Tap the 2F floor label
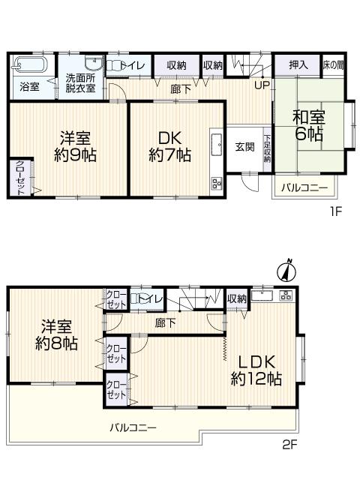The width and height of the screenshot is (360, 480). pyautogui.click(x=289, y=444)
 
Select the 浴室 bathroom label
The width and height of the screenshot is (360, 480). pyautogui.click(x=30, y=86)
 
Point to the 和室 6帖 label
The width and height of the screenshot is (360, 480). pyautogui.click(x=307, y=125)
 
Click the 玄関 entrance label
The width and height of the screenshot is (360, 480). pyautogui.click(x=244, y=146)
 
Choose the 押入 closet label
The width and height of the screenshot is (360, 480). pyautogui.click(x=298, y=65)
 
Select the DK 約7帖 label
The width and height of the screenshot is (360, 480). pyautogui.click(x=169, y=146)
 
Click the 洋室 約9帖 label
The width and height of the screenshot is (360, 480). pyautogui.click(x=75, y=146)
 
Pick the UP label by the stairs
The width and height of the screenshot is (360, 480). pyautogui.click(x=262, y=84)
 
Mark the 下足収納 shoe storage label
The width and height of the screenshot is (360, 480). pyautogui.click(x=267, y=148)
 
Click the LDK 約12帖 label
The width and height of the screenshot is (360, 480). pyautogui.click(x=256, y=369)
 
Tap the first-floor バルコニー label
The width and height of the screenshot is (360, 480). pyautogui.click(x=304, y=186)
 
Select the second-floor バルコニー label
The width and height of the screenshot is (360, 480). pyautogui.click(x=133, y=427)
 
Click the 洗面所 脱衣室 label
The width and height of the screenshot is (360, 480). pyautogui.click(x=79, y=82)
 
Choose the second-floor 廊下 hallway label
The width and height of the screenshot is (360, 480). pyautogui.click(x=165, y=323)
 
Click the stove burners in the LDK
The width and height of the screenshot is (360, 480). pyautogui.click(x=286, y=295)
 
